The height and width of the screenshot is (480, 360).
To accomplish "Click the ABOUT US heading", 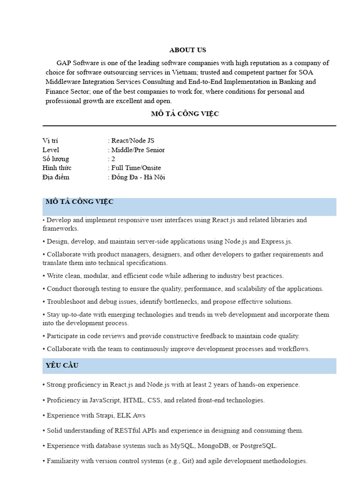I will tap(187, 50).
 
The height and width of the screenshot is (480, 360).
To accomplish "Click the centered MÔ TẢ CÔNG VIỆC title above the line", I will tap(185, 114).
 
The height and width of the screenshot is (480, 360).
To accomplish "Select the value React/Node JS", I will tap(133, 141).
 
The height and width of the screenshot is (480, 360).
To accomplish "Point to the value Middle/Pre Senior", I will tap(138, 150).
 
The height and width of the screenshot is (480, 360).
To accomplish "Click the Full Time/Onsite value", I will tap(136, 168).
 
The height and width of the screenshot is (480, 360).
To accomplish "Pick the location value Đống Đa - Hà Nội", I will tap(138, 177).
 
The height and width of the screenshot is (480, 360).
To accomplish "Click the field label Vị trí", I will tap(50, 141).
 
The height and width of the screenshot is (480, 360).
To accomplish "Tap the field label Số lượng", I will tap(55, 159).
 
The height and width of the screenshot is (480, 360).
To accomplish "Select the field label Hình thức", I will tap(57, 168).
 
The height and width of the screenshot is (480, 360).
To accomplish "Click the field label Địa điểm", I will tap(56, 177).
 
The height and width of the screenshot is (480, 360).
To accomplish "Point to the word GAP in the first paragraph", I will tap(64, 63).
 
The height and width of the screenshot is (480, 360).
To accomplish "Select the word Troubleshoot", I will tap(65, 301).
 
